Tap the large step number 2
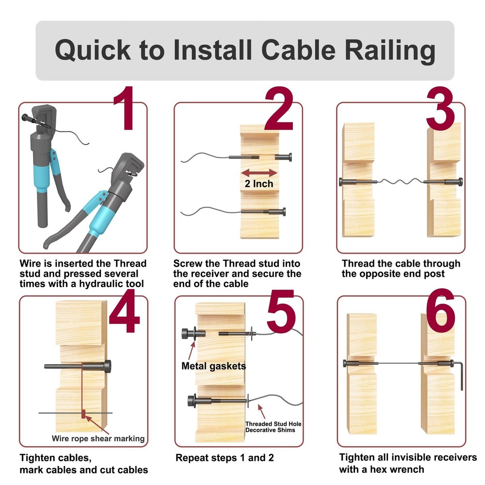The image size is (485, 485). coord(278,109)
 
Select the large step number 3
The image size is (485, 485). coord(440,109)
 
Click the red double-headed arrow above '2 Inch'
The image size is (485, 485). coord(259,173)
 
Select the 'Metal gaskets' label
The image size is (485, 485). coord(213,366)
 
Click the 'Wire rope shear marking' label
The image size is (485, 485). coord(98,438)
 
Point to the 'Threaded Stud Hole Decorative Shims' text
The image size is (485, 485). coord(273,427)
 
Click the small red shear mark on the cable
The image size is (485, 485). coord(83,413)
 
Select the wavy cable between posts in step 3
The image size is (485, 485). coord(401,182)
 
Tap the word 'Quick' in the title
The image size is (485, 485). coord(92,50)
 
